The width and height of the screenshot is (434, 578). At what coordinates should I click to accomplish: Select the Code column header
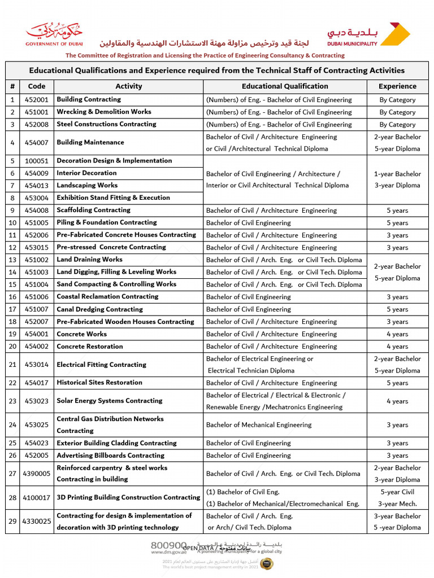[x=36, y=86]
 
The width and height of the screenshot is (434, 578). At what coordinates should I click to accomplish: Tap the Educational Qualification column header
[x=285, y=86]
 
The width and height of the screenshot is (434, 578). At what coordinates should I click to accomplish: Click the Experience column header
[x=397, y=86]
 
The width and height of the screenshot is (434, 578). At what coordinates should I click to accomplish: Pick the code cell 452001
[x=36, y=100]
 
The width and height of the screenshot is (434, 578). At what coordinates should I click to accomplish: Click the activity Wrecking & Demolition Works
[x=104, y=112]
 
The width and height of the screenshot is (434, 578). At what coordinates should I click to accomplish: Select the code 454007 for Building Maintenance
[x=36, y=143]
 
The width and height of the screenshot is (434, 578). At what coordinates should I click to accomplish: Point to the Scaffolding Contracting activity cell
[x=93, y=210]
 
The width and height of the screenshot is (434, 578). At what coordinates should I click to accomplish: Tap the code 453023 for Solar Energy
[x=36, y=401]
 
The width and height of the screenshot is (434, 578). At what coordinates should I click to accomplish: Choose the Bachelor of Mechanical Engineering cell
[x=259, y=425]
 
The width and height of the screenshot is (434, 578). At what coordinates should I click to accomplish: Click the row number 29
[x=12, y=522]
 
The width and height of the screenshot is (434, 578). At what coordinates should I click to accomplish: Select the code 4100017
[x=36, y=498]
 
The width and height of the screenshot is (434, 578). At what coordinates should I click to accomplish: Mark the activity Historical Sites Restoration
[x=99, y=383]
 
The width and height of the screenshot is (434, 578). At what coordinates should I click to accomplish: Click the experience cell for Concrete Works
[x=397, y=334]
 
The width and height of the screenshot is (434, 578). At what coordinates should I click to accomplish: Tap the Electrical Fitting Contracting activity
[x=101, y=365]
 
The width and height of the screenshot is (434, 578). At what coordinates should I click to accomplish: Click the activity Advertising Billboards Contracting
[x=110, y=456]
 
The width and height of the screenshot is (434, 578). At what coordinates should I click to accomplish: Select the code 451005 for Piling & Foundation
[x=36, y=222]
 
